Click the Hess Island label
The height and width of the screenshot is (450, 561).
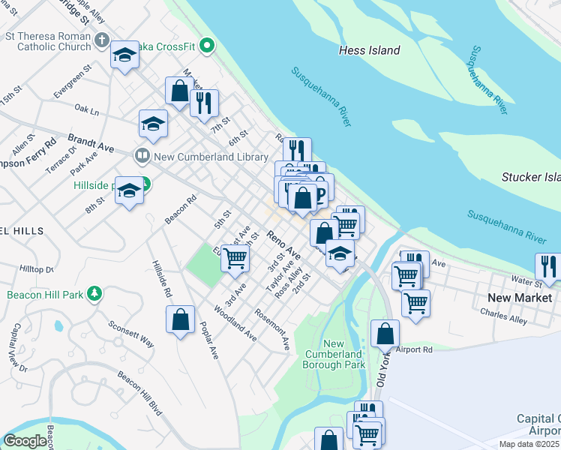(369, 50)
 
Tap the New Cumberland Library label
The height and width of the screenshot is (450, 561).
(210, 157)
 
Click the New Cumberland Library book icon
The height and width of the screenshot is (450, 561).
(141, 157)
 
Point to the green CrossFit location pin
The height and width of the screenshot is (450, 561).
(210, 46)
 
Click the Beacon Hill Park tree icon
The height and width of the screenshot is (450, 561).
(94, 294)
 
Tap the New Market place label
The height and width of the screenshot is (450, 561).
(514, 298)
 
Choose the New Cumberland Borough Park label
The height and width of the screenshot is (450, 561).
(334, 354)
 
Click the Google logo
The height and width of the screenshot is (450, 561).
(24, 441)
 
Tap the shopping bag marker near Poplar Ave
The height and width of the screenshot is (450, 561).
(181, 319)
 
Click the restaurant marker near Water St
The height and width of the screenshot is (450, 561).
(549, 266)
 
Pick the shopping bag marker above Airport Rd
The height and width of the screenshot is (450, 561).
(385, 334)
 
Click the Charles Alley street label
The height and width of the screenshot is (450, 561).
(504, 318)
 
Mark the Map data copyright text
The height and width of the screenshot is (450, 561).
(529, 443)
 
